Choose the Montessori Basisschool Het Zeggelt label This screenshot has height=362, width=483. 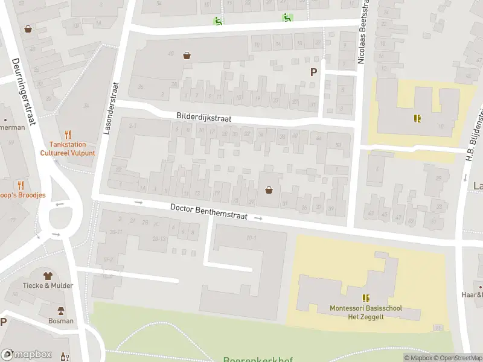[x=366, y=313]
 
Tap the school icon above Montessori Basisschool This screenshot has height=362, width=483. [x=366, y=298]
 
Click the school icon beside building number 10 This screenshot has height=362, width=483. [x=417, y=118]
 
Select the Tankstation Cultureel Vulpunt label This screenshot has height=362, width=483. [x=68, y=148]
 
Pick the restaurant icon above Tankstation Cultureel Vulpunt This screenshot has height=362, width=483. [x=68, y=135]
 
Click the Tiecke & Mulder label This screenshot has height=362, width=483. [x=48, y=285]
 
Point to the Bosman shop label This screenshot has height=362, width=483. [x=61, y=321]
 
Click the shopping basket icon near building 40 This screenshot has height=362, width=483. [x=187, y=56]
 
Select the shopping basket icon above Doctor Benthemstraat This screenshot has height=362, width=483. [x=269, y=190]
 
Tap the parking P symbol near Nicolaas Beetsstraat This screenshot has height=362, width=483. [x=313, y=72]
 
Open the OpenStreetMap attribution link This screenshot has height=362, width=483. [x=457, y=358]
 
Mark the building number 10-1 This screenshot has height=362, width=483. [x=251, y=238]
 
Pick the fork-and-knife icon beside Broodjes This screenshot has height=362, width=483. [x=21, y=185]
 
